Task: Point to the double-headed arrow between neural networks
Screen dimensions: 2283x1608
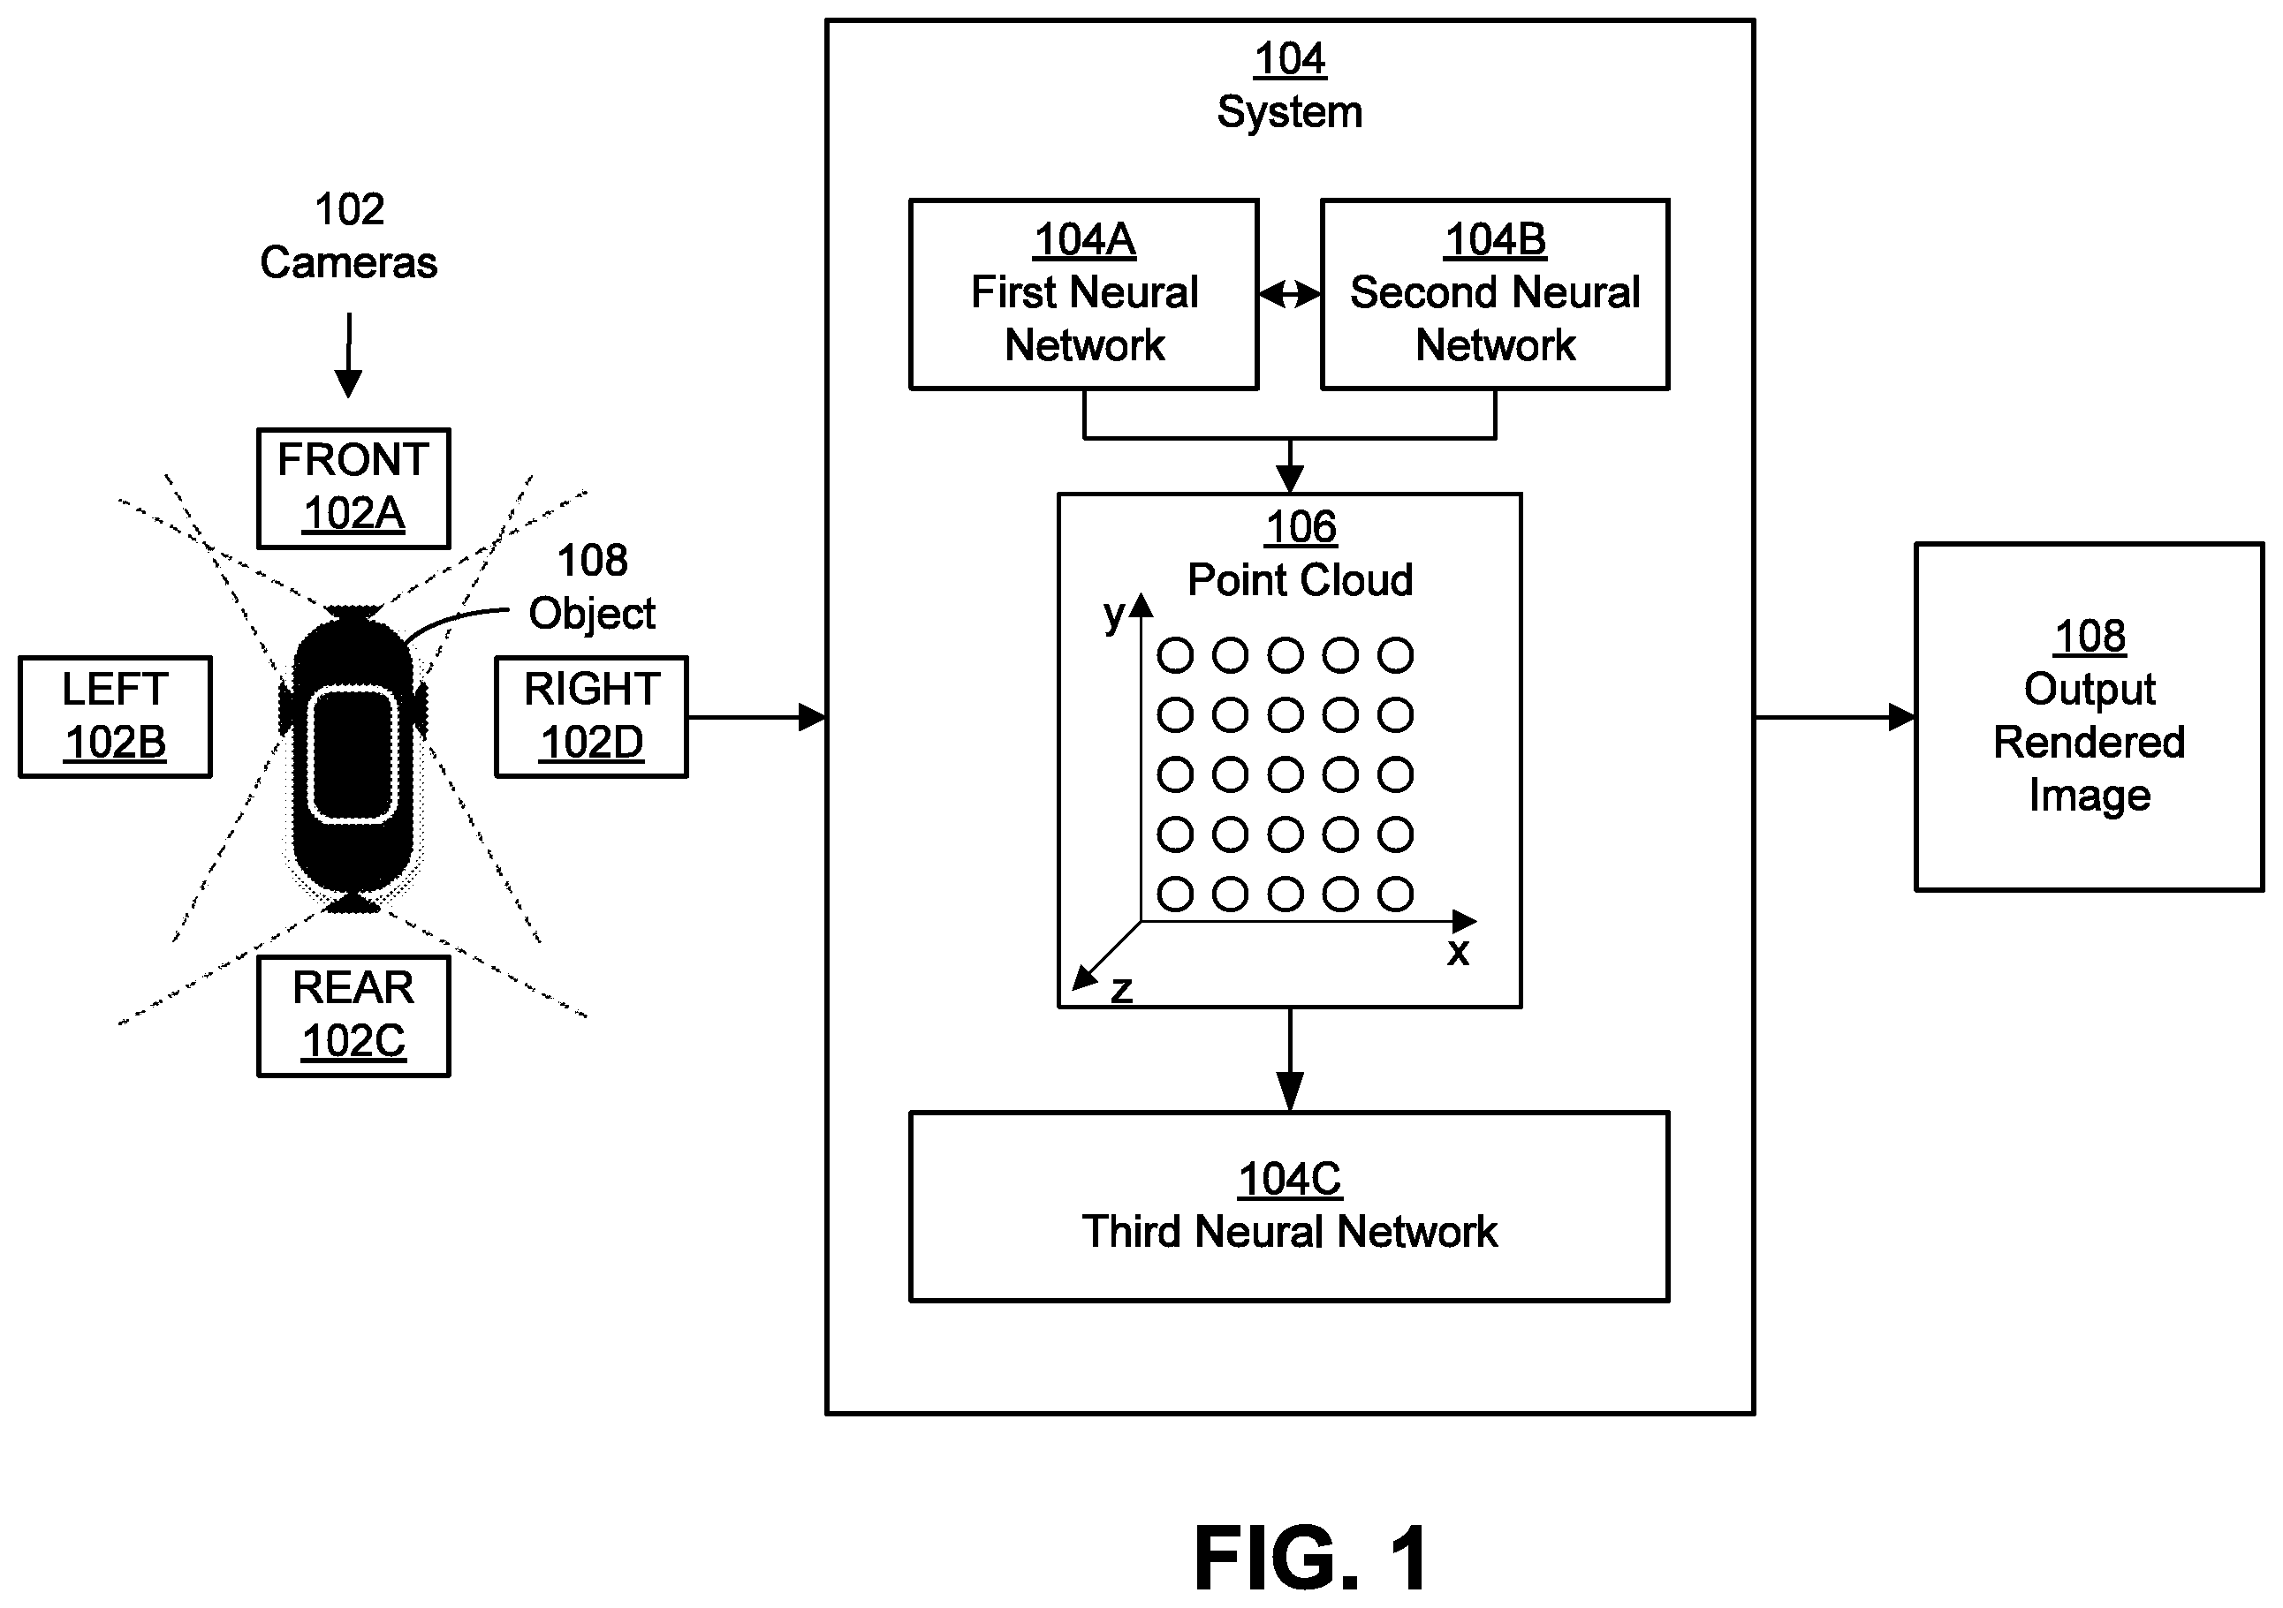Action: pyautogui.click(x=1290, y=294)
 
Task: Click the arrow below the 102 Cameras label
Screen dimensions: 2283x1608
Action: pyautogui.click(x=348, y=356)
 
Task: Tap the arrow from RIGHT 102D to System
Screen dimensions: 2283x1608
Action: pyautogui.click(x=756, y=716)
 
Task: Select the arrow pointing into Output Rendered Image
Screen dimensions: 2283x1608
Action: pyautogui.click(x=1836, y=716)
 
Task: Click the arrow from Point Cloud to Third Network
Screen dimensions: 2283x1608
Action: pyautogui.click(x=1290, y=1060)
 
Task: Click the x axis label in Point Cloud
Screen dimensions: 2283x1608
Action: pyautogui.click(x=1458, y=951)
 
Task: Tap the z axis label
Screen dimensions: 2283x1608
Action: pyautogui.click(x=1121, y=990)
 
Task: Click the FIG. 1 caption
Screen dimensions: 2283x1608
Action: pyautogui.click(x=1311, y=1558)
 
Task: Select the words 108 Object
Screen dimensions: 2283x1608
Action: pyautogui.click(x=592, y=587)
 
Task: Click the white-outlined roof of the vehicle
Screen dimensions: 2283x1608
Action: pyautogui.click(x=353, y=755)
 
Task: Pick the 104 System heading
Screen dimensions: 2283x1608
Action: pyautogui.click(x=1290, y=86)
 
